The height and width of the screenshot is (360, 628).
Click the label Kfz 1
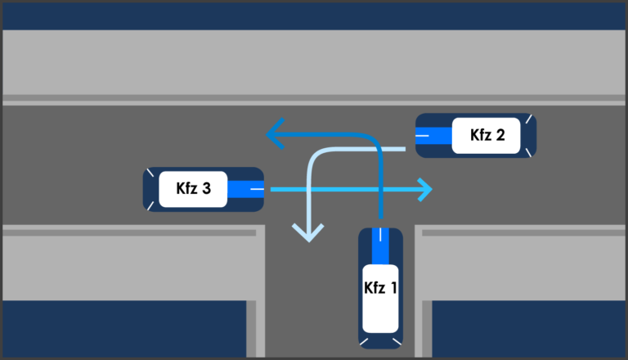click(380, 288)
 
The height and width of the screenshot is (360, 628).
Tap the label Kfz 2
click(488, 135)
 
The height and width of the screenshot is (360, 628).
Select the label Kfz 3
click(194, 189)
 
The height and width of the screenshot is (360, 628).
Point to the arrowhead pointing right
click(424, 190)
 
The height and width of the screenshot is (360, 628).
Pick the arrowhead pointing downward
click(308, 233)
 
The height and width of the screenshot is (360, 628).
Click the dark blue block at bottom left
click(123, 327)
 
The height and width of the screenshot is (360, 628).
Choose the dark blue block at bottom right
click(527, 327)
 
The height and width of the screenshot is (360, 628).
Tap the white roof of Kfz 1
click(380, 299)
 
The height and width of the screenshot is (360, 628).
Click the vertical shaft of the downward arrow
click(309, 196)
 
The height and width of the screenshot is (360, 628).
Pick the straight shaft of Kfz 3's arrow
click(343, 190)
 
